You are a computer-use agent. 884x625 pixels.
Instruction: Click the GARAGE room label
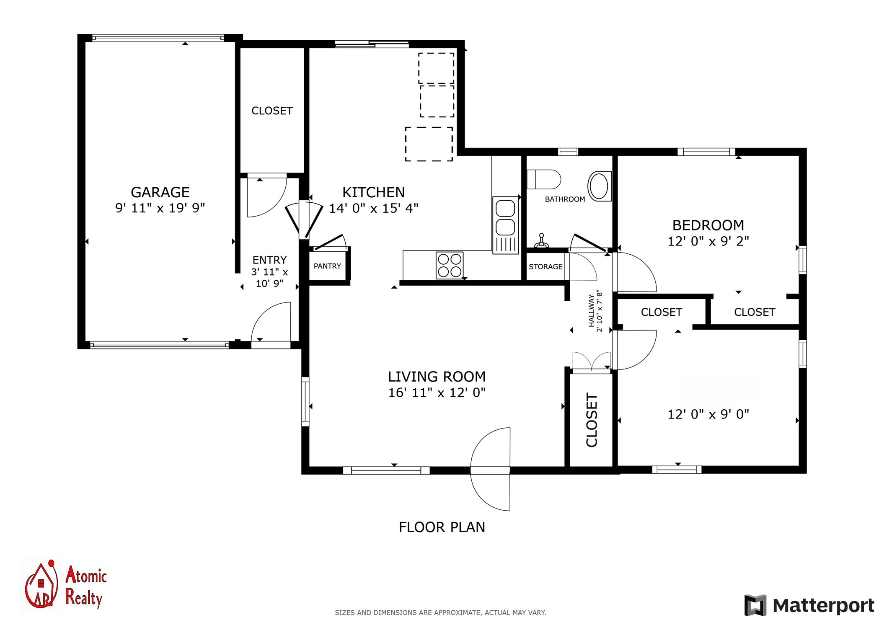pyautogui.click(x=160, y=192)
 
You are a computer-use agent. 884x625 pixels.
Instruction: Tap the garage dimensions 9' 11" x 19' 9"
pyautogui.click(x=160, y=208)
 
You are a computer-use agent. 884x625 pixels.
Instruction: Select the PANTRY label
pyautogui.click(x=327, y=266)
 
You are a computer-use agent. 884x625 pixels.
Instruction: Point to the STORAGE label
pyautogui.click(x=545, y=266)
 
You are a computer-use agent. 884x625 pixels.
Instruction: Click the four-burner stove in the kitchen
pyautogui.click(x=450, y=265)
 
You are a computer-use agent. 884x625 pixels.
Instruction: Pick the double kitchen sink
pyautogui.click(x=506, y=225)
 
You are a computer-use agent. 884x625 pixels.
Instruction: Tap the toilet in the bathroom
pyautogui.click(x=543, y=179)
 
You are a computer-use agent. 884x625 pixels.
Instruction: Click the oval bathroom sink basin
pyautogui.click(x=600, y=186)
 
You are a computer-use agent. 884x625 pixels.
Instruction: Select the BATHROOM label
pyautogui.click(x=565, y=199)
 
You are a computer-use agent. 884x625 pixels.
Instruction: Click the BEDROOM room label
pyautogui.click(x=708, y=225)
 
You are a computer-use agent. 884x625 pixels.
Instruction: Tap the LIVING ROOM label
pyautogui.click(x=437, y=377)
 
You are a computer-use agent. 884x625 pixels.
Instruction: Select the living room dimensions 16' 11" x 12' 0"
pyautogui.click(x=437, y=393)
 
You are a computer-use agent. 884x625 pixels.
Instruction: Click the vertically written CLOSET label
pyautogui.click(x=592, y=420)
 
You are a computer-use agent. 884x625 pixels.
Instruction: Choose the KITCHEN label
pyautogui.click(x=373, y=192)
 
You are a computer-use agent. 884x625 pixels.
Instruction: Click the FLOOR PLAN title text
pyautogui.click(x=442, y=527)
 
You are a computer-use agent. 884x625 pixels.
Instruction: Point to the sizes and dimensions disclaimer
pyautogui.click(x=440, y=612)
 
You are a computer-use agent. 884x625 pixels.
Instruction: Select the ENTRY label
pyautogui.click(x=269, y=260)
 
